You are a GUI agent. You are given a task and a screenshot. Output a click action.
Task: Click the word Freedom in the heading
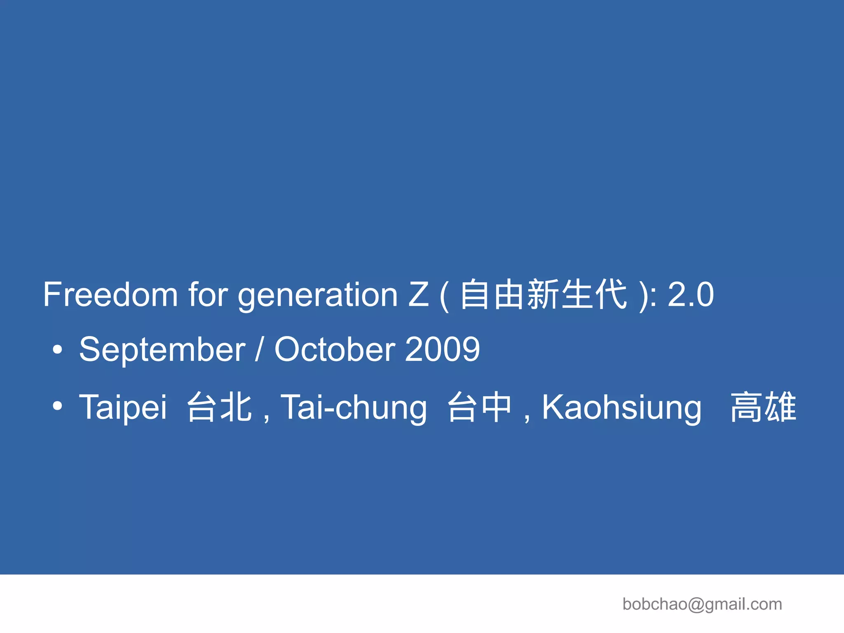click(x=110, y=294)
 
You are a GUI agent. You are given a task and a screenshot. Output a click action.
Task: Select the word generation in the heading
click(x=318, y=296)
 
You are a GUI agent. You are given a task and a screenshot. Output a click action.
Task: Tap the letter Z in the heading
click(x=418, y=294)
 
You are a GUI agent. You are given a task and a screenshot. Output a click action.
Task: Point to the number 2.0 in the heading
click(x=691, y=294)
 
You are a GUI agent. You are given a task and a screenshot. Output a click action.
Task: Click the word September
click(x=162, y=350)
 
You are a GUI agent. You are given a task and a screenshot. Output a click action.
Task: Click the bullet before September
click(x=58, y=350)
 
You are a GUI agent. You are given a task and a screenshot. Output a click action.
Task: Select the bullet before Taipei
click(x=58, y=406)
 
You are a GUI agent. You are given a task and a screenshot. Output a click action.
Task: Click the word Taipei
click(x=123, y=408)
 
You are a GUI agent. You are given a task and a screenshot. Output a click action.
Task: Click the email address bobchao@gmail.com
click(x=702, y=604)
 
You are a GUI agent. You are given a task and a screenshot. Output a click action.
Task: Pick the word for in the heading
click(x=208, y=294)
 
